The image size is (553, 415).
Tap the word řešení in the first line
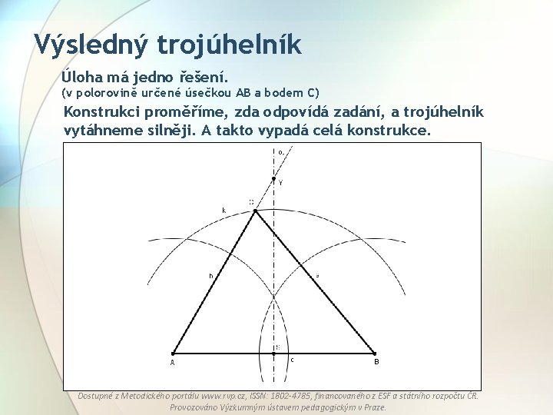coord(202,77)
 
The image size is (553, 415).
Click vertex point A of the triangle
coord(173,354)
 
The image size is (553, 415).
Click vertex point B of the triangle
coord(375,354)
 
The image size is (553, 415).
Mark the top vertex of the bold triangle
coord(255,210)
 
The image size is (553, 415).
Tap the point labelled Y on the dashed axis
coord(274,178)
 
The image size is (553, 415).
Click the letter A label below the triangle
coord(172,363)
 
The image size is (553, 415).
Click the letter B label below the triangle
coord(376,362)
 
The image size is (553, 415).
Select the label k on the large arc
coord(224,210)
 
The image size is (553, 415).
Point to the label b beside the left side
coord(211,275)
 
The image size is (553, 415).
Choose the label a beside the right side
coord(317,275)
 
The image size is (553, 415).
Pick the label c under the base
coord(293,360)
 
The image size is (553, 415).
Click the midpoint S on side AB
coord(274,354)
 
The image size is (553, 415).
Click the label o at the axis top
coord(280,152)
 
